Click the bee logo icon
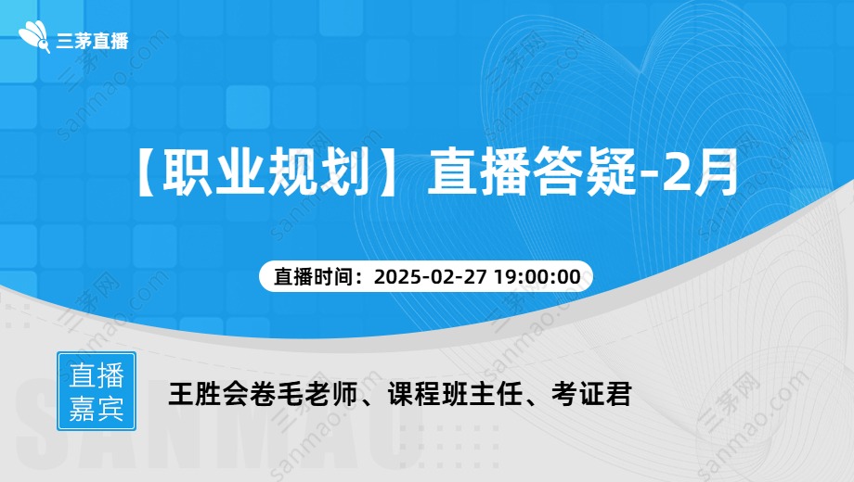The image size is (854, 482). (x=34, y=37)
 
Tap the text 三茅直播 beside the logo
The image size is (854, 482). (x=92, y=41)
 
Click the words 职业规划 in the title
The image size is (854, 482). (x=266, y=171)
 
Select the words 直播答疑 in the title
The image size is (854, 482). (x=532, y=171)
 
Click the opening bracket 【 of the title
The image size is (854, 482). (x=146, y=171)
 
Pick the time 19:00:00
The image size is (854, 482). (x=537, y=277)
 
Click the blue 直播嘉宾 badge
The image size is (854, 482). (x=97, y=391)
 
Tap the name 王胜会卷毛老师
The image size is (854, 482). (x=263, y=394)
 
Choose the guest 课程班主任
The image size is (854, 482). (x=455, y=394)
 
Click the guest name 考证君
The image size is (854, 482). (x=591, y=394)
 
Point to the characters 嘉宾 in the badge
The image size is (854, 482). (x=97, y=408)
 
